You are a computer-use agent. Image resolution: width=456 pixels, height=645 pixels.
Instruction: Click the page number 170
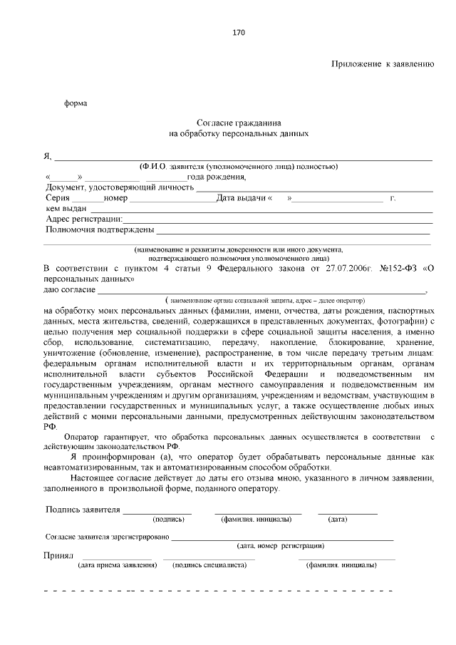[239, 33]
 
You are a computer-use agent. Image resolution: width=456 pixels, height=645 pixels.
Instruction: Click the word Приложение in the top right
[358, 64]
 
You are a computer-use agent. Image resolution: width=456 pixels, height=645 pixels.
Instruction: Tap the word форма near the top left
[76, 103]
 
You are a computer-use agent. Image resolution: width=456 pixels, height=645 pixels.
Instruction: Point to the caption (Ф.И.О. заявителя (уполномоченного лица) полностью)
[239, 167]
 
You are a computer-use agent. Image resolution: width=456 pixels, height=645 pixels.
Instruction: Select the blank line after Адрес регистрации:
[278, 221]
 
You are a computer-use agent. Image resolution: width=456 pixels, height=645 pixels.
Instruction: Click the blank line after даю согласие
[260, 291]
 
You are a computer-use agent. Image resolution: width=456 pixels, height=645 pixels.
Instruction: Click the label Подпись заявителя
[83, 510]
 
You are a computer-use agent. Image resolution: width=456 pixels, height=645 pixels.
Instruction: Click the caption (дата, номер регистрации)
[281, 545]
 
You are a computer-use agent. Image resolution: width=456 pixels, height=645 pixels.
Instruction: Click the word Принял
[58, 555]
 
